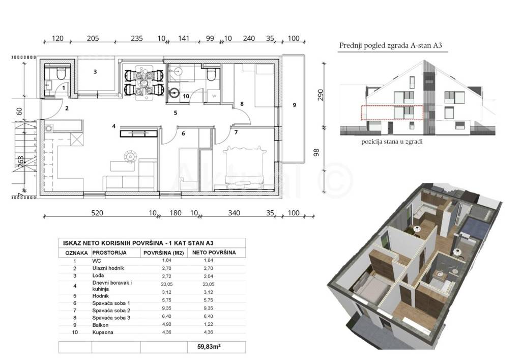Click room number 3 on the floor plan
(95, 71)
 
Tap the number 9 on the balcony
(294, 105)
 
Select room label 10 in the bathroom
(186, 96)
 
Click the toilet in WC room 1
(61, 73)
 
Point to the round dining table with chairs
(144, 82)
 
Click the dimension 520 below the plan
(97, 213)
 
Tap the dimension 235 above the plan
(136, 39)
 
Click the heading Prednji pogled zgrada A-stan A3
(390, 45)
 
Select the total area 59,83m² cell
(209, 347)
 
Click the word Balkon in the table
(100, 325)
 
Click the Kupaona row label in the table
(103, 332)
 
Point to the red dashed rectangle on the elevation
(392, 113)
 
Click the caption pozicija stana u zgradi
(392, 142)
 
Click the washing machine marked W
(214, 96)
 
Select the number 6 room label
(183, 133)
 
